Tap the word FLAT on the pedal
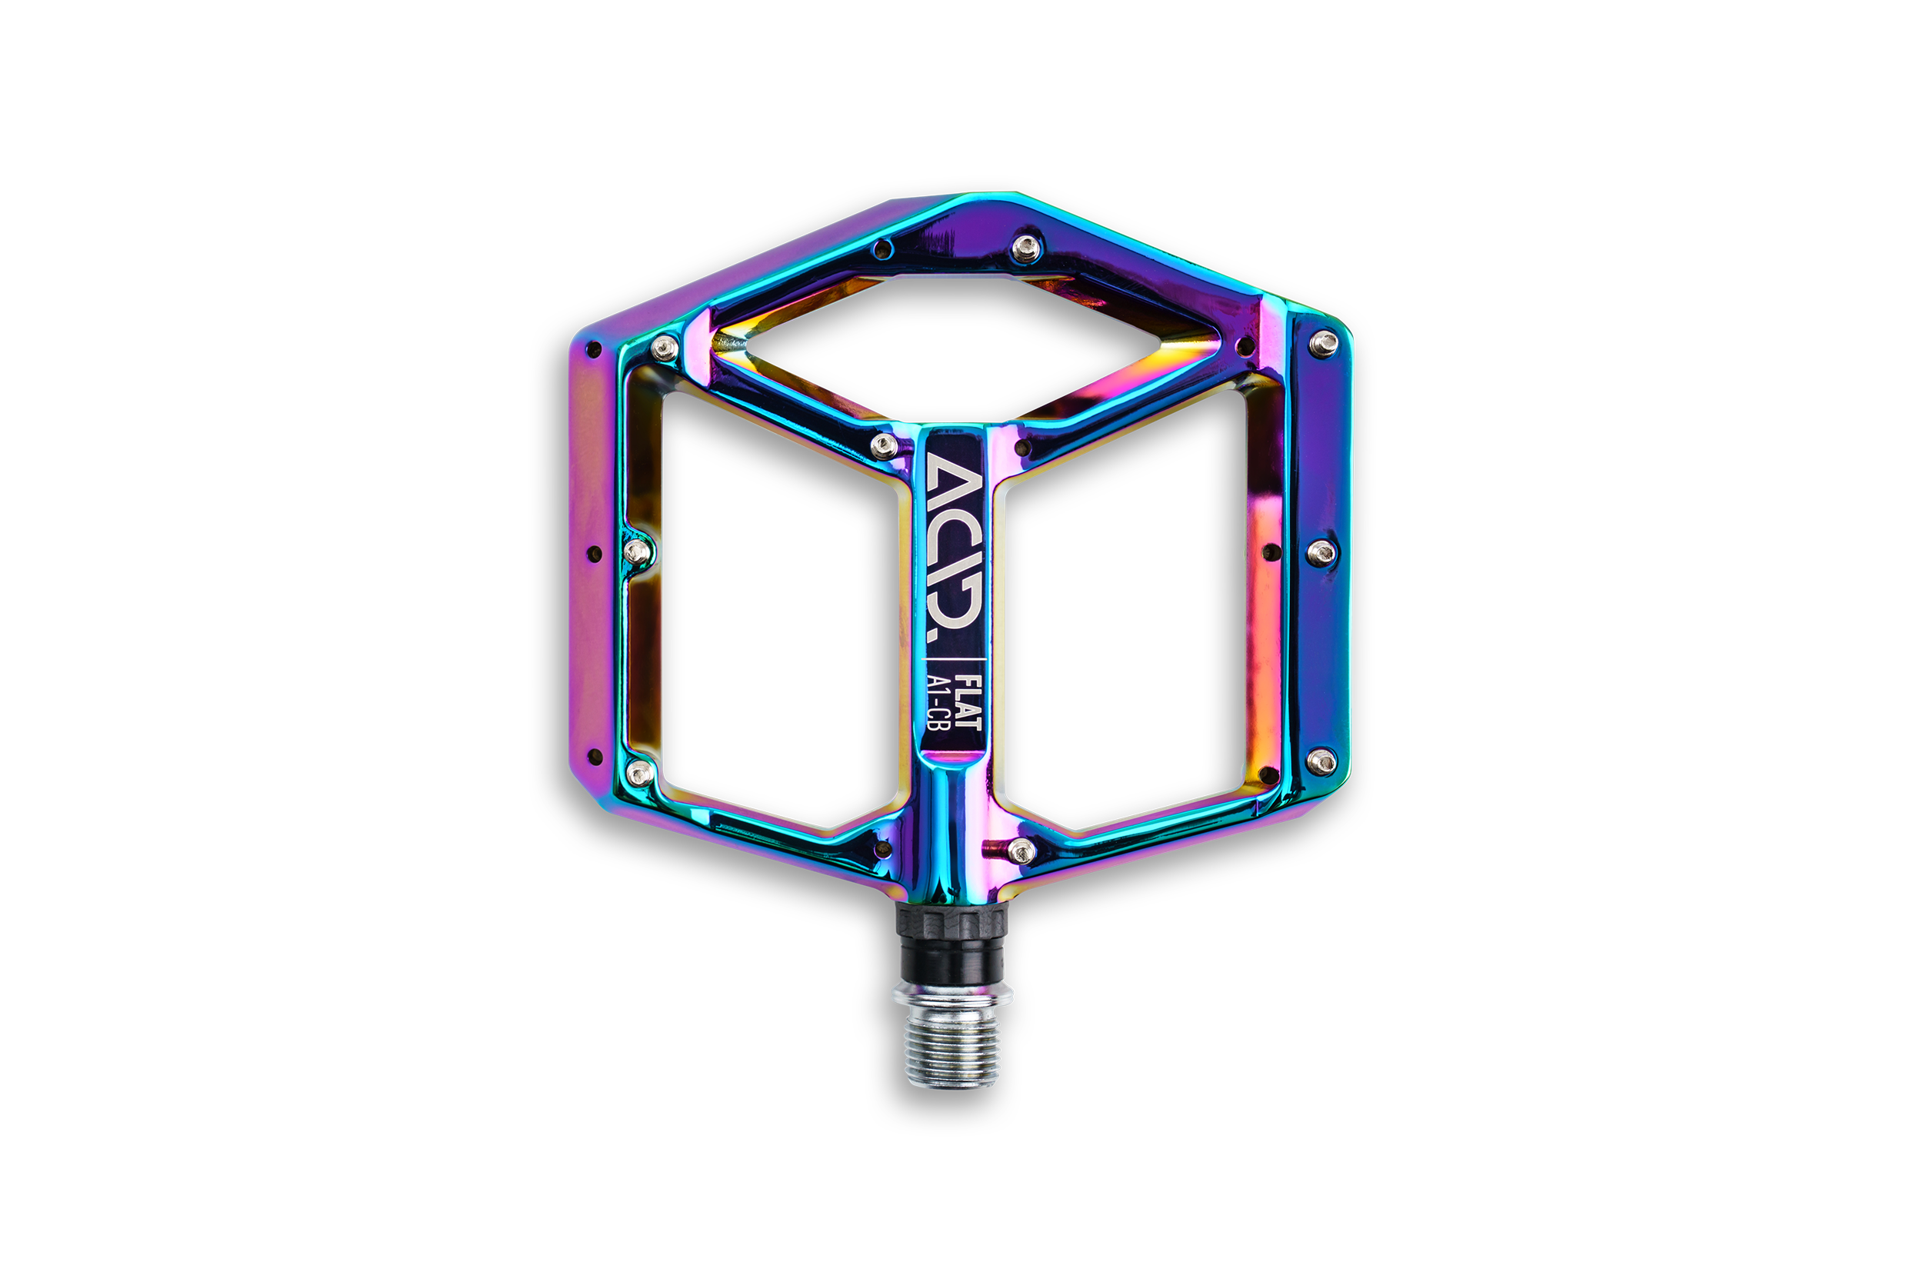pos(970,701)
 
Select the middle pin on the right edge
pos(1321,554)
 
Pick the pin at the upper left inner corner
pos(665,348)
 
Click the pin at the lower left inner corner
pos(639,772)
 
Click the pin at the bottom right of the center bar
pos(1022,851)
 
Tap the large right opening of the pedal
pos(1125,613)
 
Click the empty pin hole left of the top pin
pos(882,248)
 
